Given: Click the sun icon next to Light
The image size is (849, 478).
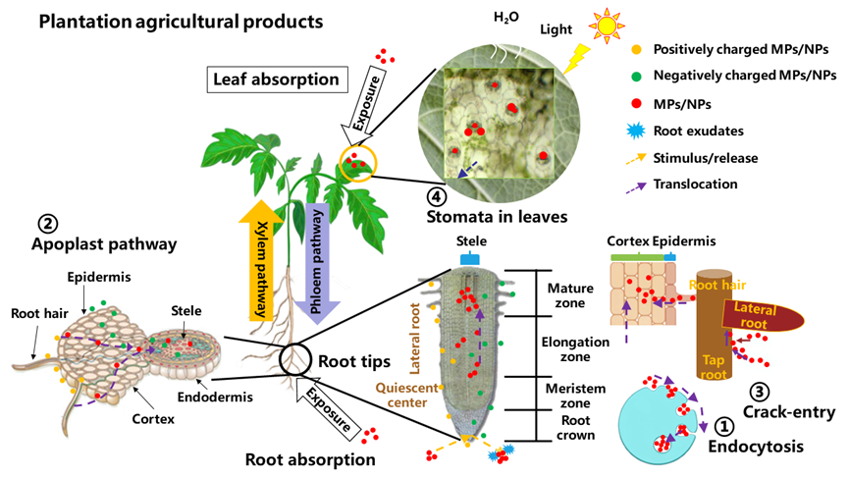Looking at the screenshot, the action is [607, 26].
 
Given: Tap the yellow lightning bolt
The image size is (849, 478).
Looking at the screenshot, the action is [576, 59].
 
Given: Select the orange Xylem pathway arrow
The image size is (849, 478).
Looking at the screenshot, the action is [260, 260].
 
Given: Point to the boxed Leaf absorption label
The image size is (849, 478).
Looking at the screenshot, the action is [277, 80].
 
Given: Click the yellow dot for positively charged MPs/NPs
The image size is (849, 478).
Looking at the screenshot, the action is [637, 49].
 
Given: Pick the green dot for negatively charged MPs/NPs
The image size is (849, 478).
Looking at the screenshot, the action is [637, 77].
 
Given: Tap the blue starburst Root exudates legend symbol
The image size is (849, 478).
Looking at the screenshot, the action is [636, 131].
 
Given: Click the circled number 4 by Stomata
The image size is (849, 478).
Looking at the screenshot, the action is [437, 196].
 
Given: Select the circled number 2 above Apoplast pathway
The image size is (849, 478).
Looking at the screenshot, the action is [48, 223].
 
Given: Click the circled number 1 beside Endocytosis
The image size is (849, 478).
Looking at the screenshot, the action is [724, 426].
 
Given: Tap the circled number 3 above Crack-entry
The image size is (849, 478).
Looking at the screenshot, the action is [761, 392].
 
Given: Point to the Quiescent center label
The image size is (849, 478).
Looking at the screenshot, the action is [406, 396].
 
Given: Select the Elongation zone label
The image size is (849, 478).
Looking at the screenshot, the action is [575, 349].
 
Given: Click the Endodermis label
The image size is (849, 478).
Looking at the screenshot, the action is [215, 397].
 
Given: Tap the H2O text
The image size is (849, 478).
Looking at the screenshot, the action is [506, 18].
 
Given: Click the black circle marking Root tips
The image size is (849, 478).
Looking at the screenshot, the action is [295, 358].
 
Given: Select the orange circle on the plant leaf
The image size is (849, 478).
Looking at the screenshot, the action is [358, 163].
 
